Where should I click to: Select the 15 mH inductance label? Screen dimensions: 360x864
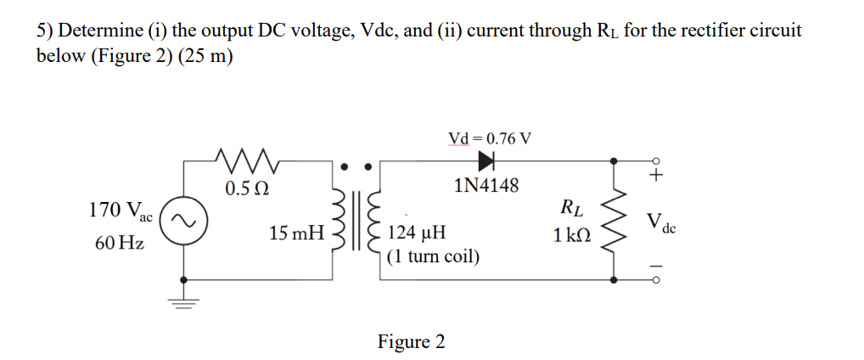click(x=296, y=232)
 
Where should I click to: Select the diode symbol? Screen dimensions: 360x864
click(x=487, y=159)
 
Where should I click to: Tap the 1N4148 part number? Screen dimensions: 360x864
click(x=486, y=185)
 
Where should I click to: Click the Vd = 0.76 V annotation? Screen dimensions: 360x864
click(x=489, y=138)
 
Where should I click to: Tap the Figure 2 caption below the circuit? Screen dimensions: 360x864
click(x=411, y=341)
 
